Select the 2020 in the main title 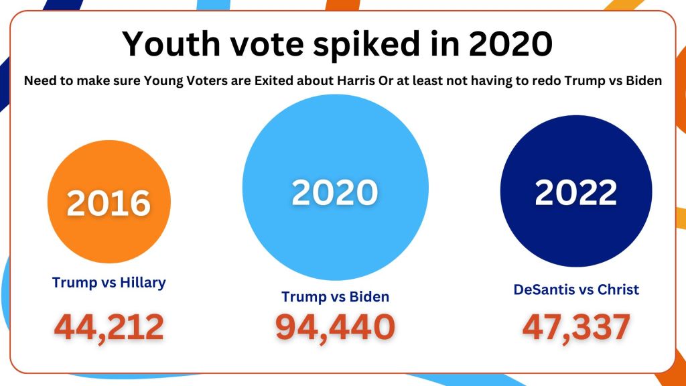[x=510, y=44]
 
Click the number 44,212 [x=109, y=326]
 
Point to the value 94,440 [x=335, y=326]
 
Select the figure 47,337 [x=575, y=326]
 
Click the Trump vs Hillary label [x=109, y=282]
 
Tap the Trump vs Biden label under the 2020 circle [x=335, y=296]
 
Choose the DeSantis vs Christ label [x=575, y=289]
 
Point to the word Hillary [x=143, y=282]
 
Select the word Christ [x=617, y=289]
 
